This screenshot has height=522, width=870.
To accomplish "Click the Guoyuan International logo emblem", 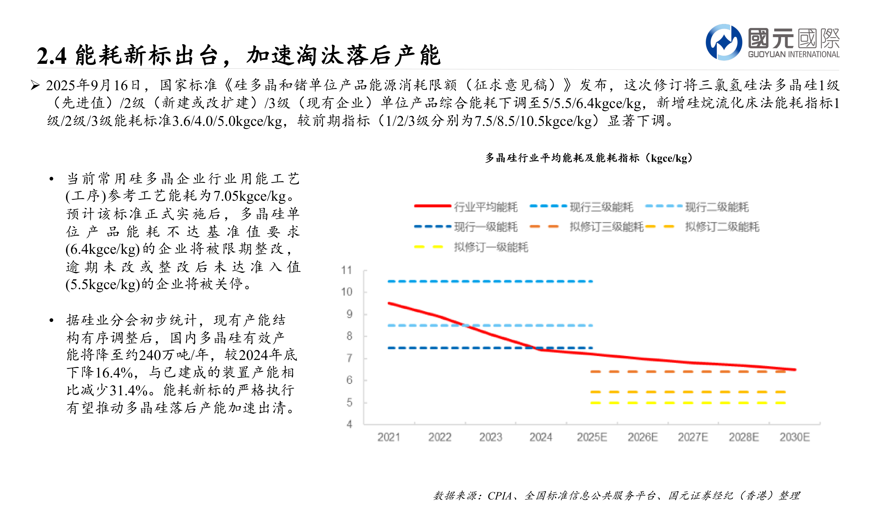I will pos(724,42).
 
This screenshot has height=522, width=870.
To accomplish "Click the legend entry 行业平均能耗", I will pos(485,207).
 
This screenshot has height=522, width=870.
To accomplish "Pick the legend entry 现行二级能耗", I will pos(717,207).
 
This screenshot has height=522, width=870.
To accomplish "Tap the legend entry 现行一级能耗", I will pos(485,227).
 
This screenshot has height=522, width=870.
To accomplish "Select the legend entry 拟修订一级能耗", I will pos(491,247).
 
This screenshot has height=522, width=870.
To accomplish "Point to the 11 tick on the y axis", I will pos(346,270).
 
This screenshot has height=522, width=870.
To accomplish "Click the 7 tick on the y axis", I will pos(349,358).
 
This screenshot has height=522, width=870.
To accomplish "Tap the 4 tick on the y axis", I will pos(349,424).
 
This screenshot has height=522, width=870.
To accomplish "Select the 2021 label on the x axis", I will pos(389,437).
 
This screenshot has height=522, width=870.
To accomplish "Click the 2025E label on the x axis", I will pos(592,437).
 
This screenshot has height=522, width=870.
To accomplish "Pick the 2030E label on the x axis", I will pos(795,437).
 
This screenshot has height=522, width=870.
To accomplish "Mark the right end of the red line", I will pos(795,370).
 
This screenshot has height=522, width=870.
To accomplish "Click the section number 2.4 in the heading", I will pos(51,56).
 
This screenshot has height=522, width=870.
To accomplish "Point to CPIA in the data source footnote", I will pos(499,496).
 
